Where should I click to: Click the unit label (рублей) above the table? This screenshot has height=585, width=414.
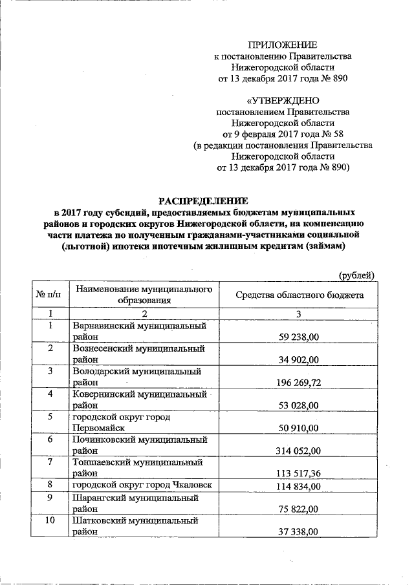click(x=357, y=275)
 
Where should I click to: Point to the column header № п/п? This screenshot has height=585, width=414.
click(x=49, y=295)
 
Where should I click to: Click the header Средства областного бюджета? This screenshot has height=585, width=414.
click(x=299, y=295)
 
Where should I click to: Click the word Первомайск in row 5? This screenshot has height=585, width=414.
click(x=98, y=428)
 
